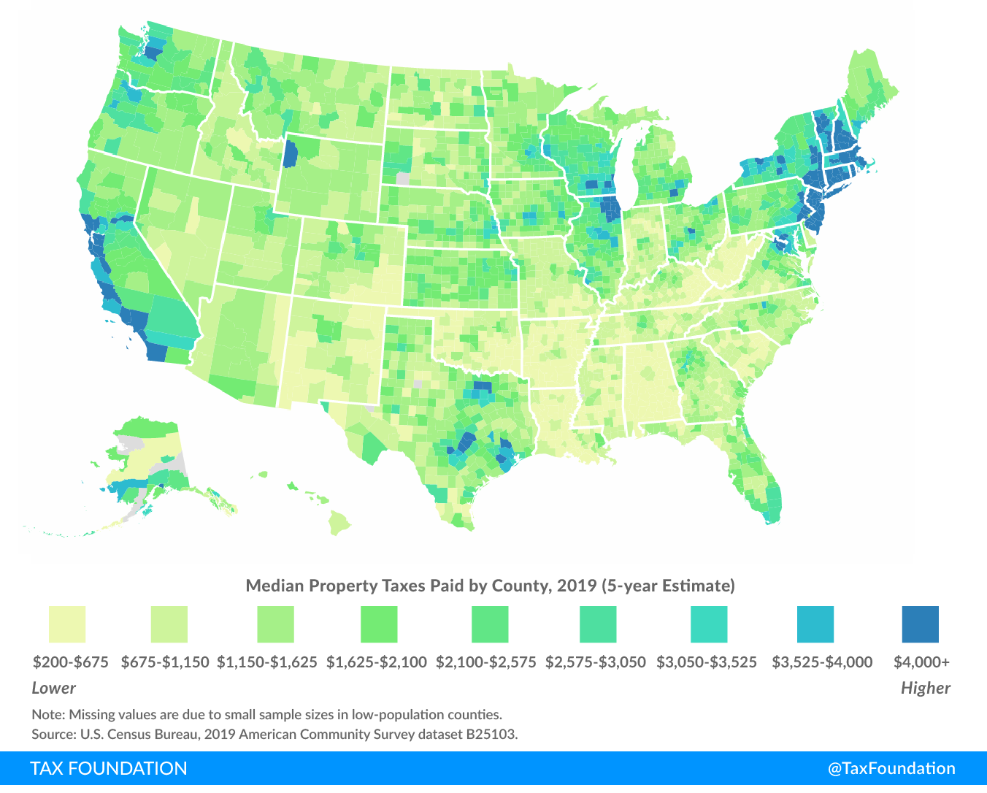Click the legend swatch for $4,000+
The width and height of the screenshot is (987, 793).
point(920,624)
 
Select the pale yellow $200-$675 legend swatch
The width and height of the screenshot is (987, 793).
point(67,624)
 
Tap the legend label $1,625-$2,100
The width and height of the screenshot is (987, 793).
point(376,662)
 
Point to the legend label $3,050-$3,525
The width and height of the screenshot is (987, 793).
point(707,662)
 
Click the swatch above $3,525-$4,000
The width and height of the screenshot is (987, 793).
point(815,624)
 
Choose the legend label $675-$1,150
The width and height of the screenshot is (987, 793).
point(165,662)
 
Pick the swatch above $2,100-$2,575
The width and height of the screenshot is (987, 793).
point(489,624)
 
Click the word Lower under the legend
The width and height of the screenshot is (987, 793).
point(54,688)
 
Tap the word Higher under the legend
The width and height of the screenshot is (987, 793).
point(925,688)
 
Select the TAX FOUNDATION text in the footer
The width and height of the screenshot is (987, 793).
point(109,769)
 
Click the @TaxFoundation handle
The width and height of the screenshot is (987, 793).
point(891,769)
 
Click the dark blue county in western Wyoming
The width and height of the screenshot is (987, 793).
point(291,153)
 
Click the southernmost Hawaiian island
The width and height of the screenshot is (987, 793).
point(339,523)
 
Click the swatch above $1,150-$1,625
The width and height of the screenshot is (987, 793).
point(275,624)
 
